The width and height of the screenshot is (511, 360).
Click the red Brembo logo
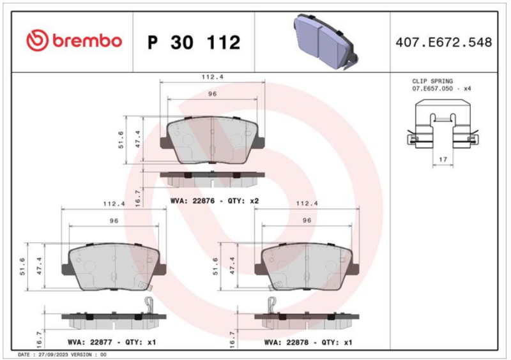[x=74, y=41]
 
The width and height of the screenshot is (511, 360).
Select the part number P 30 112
[x=194, y=42]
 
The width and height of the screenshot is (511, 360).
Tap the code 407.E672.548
[x=443, y=42]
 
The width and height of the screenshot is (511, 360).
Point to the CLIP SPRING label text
[x=432, y=81]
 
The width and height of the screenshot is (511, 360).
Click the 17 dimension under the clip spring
[x=443, y=160]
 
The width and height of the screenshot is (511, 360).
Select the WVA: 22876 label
[x=193, y=201]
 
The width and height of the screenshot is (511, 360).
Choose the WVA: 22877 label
[x=90, y=342]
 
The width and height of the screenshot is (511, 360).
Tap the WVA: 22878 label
[x=286, y=342]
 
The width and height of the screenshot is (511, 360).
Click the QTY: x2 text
[x=243, y=201]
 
